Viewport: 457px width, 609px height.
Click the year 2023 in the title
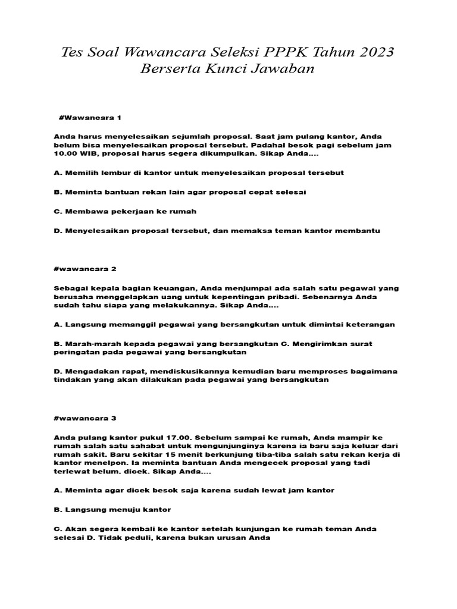click(x=372, y=52)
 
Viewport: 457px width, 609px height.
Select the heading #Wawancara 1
click(x=90, y=118)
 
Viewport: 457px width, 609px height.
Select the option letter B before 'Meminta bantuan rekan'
click(x=57, y=192)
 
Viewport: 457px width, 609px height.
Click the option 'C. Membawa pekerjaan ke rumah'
click(x=125, y=211)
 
